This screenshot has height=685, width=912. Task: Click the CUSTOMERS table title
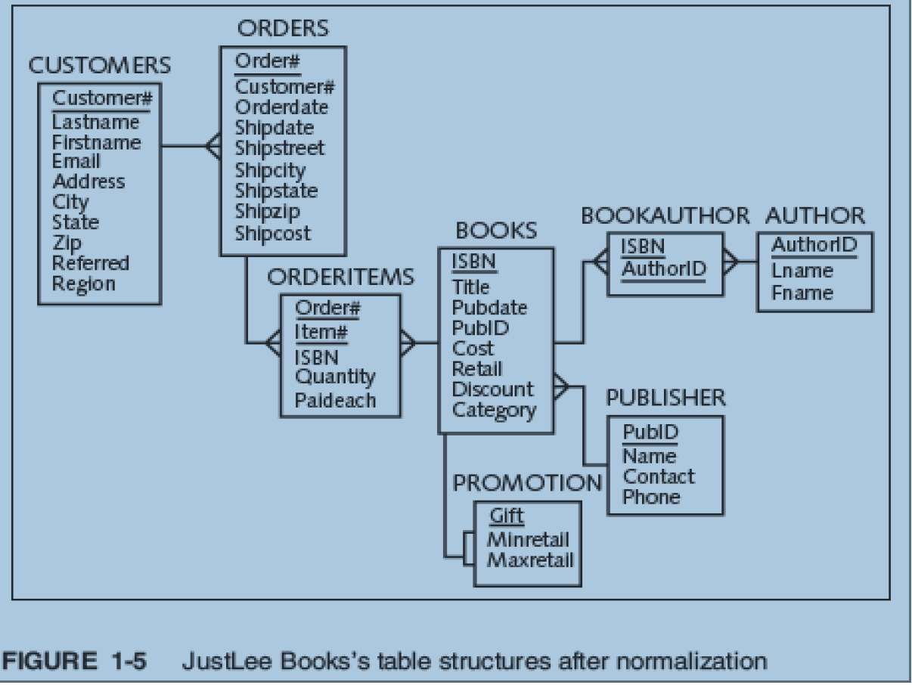pos(99,66)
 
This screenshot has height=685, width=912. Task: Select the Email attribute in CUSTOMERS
pos(76,162)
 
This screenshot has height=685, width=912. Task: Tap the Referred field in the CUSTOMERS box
pos(91,263)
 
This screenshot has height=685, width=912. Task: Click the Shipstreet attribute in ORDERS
pos(279,148)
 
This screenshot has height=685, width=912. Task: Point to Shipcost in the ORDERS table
pos(272,233)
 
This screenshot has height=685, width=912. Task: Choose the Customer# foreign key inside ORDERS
pos(284,87)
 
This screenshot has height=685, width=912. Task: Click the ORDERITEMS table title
pos(340,277)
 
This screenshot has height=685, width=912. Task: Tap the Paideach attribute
pos(335,399)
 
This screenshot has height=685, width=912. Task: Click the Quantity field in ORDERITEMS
pos(334,377)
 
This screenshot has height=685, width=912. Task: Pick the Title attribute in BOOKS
pos(470,287)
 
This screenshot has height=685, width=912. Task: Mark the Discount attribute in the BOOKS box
pos(492,389)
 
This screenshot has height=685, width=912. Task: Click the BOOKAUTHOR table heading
pos(665,215)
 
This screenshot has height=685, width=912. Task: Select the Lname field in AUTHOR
pos(802,271)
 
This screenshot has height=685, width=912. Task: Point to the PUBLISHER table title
pos(665,398)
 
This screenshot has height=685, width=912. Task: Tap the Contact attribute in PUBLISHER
pos(659,477)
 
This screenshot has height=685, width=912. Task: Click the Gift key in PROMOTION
pos(507,516)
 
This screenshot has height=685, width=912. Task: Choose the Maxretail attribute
pos(530,560)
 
